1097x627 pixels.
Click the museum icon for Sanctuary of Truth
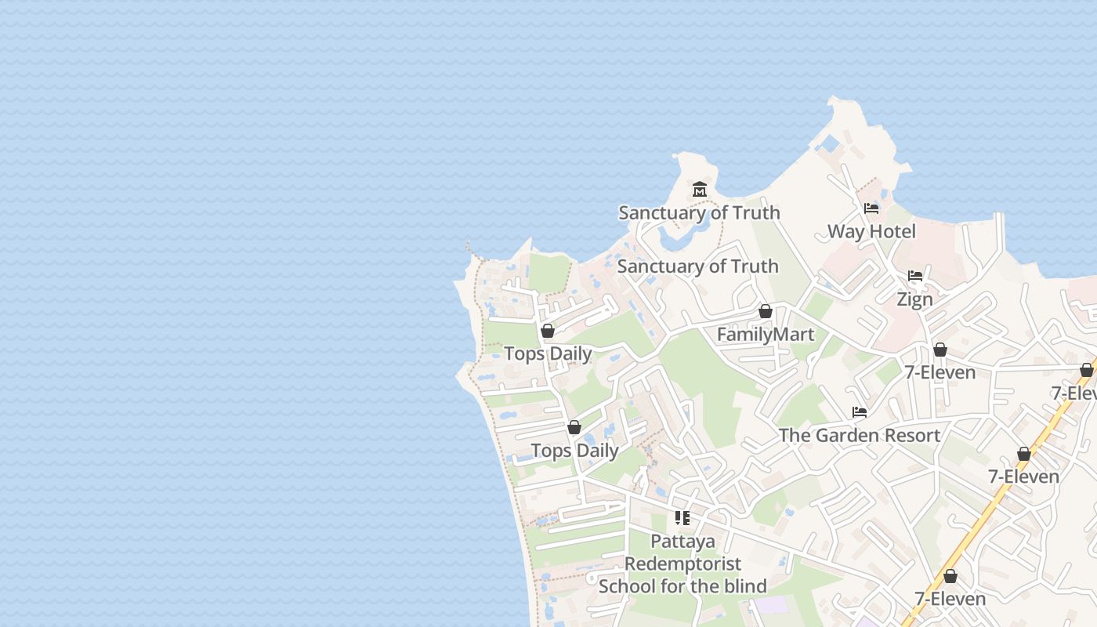coord(700,190)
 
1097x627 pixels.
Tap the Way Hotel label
coord(871,231)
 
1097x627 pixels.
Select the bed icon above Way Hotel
coord(871,208)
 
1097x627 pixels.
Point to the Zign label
coord(914,299)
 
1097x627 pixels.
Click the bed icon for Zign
coord(914,276)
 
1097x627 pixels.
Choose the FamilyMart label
coord(766,335)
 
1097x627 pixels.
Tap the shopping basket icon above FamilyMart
coord(766,312)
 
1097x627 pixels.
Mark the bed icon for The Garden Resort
coord(860,412)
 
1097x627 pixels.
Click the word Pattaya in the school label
coord(682,542)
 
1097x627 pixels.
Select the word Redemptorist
coord(682,564)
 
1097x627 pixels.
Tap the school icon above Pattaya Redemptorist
coord(682,518)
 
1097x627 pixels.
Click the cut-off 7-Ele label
coord(1073,393)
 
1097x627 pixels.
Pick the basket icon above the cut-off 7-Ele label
coord(1086,370)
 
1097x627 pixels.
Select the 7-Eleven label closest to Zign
coord(940,372)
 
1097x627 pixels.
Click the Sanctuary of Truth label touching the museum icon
coord(699,212)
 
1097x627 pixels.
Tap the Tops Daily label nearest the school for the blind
coord(574,451)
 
